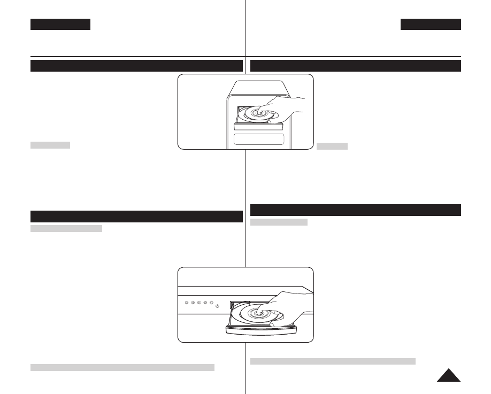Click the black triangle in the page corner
coord(449,375)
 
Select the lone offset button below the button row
coord(218,307)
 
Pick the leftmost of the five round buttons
coord(186,303)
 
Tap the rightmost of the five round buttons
coord(212,303)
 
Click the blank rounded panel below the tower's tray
coord(259,140)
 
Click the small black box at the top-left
coord(60,25)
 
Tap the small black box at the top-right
coord(431,25)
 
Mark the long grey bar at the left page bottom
coord(122,367)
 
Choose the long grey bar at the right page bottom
coord(333,361)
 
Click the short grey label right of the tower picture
coord(332,146)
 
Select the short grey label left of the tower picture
coord(50,145)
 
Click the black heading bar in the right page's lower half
coord(356,209)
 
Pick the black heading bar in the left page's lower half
coord(137,216)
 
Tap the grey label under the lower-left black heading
coord(66,229)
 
